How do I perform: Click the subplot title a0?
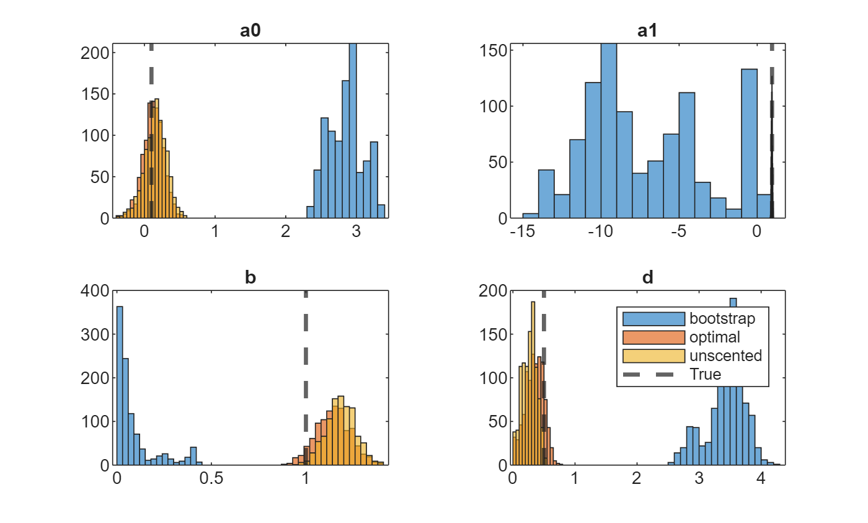coord(250,32)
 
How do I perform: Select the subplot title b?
coord(250,277)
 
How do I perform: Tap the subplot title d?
coord(647,277)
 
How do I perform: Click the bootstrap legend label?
coord(722,319)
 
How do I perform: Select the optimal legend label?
coord(714,337)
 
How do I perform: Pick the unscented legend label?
coord(725,356)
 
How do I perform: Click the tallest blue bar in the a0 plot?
coord(353,131)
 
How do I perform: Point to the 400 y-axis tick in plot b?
coord(95,291)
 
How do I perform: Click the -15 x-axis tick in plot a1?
coord(523,231)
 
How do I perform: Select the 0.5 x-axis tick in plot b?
coord(211,478)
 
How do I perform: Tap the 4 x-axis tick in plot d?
coord(761,478)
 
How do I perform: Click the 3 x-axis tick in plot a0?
coord(356,231)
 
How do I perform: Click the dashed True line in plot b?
coord(306,360)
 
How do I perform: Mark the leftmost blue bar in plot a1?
coord(530,215)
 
